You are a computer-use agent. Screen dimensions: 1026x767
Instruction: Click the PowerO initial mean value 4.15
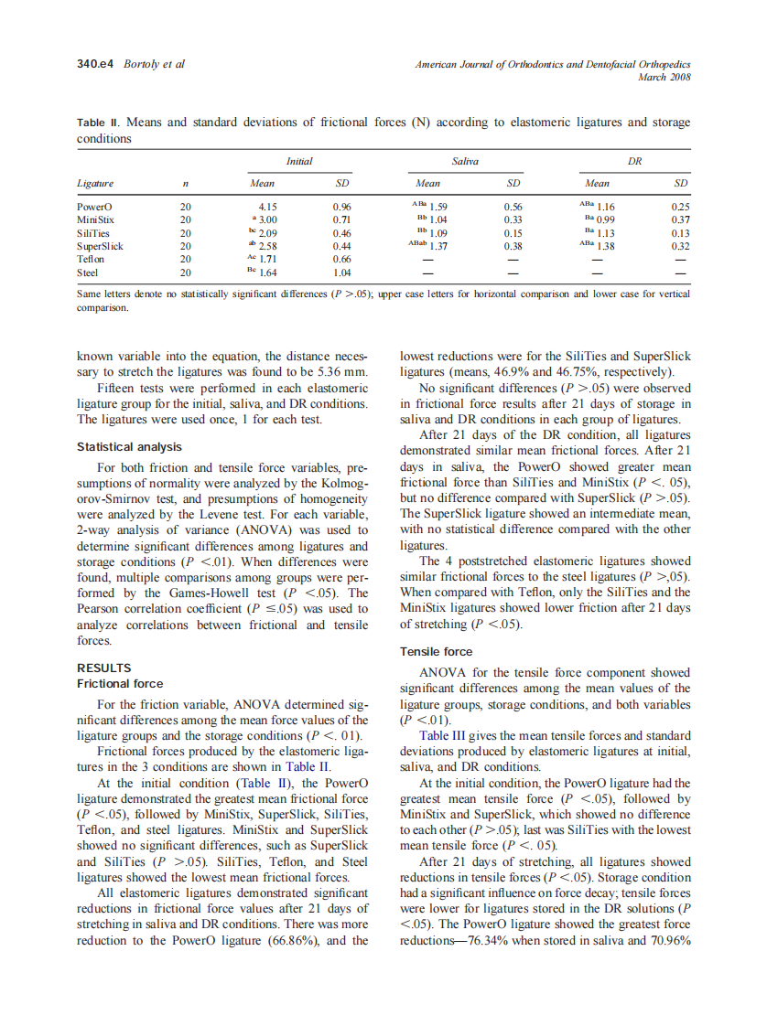pos(267,207)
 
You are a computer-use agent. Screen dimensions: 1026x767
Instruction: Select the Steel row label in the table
pos(88,272)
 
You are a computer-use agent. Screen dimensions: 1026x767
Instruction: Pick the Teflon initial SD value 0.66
pos(342,259)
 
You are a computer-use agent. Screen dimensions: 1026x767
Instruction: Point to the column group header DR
pos(633,161)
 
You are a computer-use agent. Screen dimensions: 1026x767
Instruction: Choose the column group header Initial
pos(299,161)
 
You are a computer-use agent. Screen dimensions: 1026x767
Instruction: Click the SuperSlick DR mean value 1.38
pos(605,246)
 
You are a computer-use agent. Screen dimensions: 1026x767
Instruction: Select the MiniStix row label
pos(95,219)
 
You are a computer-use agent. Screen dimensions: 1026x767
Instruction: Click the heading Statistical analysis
pos(129,447)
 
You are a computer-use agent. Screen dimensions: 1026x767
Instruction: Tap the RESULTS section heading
pos(104,668)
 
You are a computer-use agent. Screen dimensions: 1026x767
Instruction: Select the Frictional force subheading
pos(120,683)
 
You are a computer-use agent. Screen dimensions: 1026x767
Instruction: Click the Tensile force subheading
pos(437,651)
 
